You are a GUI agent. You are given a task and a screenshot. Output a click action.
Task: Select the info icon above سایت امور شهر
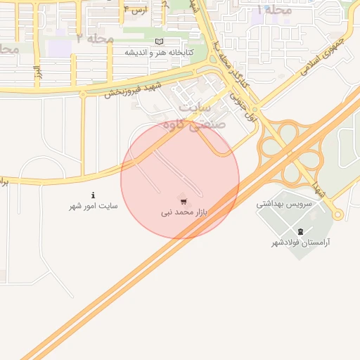click(92, 195)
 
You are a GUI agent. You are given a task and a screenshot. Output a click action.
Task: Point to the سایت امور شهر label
click(93, 206)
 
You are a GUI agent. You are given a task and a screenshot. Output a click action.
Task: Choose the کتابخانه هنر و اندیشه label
click(168, 53)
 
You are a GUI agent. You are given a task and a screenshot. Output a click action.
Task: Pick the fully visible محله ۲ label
click(94, 38)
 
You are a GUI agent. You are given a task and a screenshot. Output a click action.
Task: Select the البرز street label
click(37, 72)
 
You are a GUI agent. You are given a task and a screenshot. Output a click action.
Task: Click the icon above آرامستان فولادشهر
click(301, 231)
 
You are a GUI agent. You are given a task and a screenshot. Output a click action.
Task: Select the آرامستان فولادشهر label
click(301, 243)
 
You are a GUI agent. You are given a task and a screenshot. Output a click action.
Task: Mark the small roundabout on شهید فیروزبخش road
click(83, 92)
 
